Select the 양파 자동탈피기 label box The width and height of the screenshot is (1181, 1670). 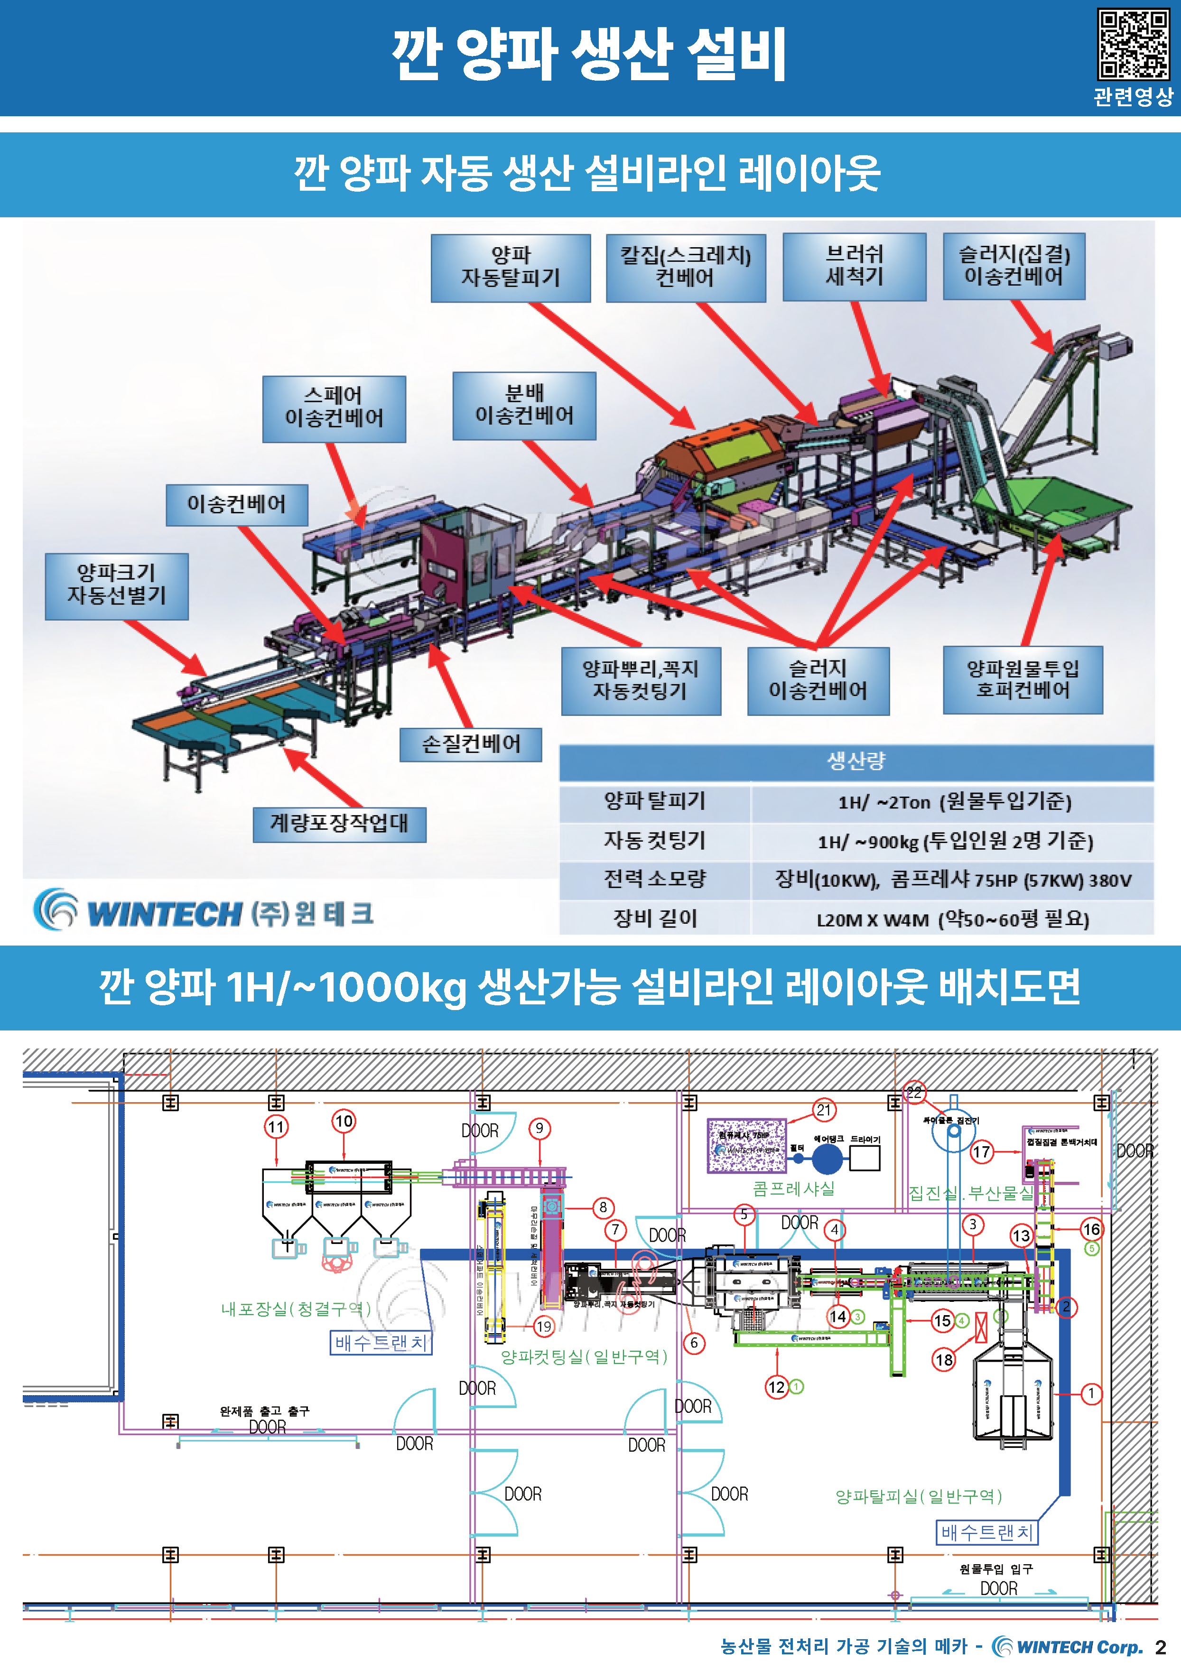point(511,268)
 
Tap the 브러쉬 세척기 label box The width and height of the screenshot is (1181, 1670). point(854,266)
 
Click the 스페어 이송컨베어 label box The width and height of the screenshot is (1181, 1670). point(334,409)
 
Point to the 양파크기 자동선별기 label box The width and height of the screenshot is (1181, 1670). point(116,585)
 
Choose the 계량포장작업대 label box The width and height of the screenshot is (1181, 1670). point(339,824)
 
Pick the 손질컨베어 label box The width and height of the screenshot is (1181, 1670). point(471,744)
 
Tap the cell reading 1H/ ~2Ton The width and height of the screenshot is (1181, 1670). point(953,802)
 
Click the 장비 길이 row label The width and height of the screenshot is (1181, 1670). point(654,918)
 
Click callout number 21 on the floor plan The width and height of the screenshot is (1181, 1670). point(823,1111)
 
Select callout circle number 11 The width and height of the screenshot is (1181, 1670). point(276,1127)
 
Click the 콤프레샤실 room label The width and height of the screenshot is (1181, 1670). point(793,1188)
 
